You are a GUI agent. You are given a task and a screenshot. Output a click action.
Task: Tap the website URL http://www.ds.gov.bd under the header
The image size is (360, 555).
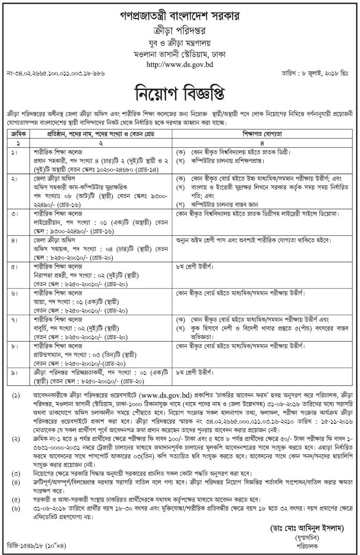[x=180, y=64]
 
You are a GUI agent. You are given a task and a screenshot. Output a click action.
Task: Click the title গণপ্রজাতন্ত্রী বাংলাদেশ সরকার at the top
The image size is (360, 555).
[x=180, y=17]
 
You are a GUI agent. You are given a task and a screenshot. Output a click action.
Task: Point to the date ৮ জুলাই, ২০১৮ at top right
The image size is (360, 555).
[x=324, y=73]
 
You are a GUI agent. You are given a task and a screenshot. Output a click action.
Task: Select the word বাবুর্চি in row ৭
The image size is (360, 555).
[x=42, y=328]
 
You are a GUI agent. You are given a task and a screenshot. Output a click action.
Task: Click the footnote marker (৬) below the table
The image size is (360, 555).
[x=16, y=508]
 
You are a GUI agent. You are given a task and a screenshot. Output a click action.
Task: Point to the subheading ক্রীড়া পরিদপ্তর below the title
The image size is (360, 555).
[x=180, y=31]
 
